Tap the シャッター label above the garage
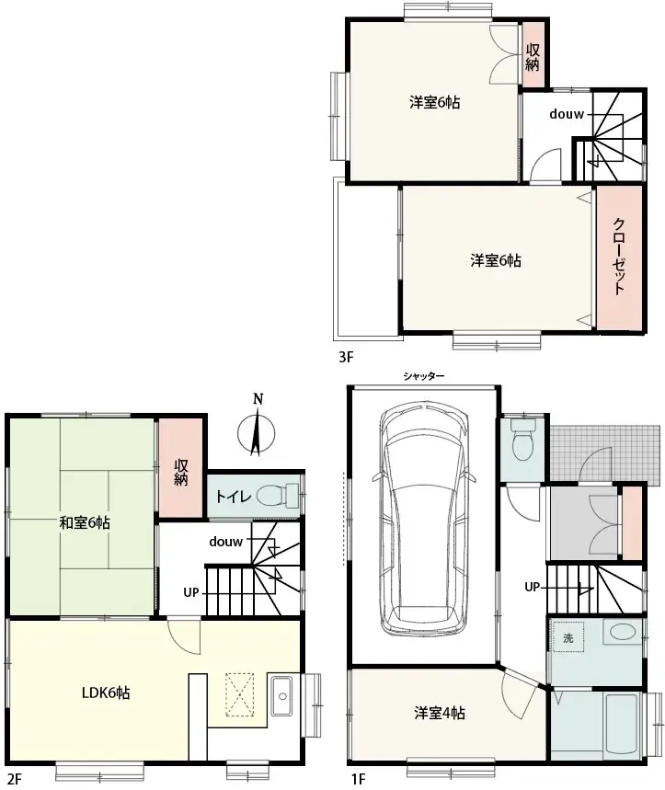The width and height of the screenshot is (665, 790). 424,376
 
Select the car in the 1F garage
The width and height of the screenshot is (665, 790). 424,519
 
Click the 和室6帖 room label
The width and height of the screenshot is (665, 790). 85,522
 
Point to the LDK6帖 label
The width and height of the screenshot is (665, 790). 106,693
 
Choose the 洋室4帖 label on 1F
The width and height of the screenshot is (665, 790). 440,713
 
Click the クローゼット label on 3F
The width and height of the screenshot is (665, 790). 619,256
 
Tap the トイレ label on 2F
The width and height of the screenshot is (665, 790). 234,497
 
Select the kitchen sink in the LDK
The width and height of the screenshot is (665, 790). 281,696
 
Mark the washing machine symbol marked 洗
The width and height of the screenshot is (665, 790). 568,638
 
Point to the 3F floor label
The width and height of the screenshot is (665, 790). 346,357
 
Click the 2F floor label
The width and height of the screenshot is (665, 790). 15,779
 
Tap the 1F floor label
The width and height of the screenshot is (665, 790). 358,779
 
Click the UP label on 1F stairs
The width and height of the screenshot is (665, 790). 532,587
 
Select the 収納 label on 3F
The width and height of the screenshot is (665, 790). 533,57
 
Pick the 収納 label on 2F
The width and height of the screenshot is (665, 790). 181,472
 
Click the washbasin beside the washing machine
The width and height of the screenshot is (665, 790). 623,632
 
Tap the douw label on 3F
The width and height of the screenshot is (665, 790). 567,114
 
